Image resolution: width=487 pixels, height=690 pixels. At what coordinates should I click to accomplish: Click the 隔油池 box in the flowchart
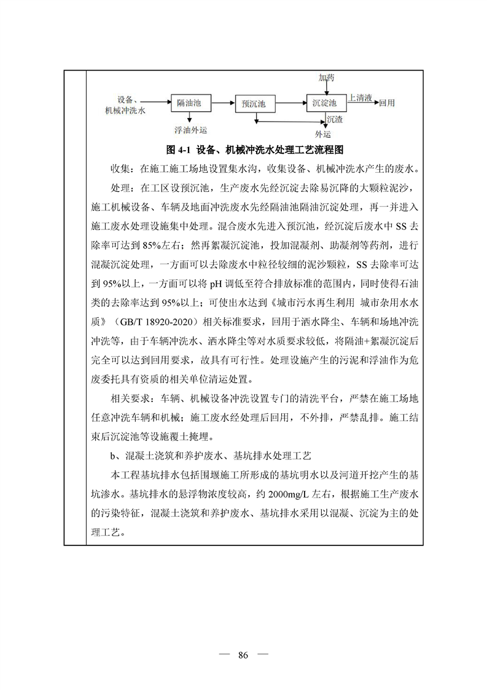(x=189, y=104)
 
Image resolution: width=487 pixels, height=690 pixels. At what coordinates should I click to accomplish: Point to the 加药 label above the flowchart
(x=327, y=78)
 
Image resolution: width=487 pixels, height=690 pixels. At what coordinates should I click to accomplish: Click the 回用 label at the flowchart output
(x=388, y=102)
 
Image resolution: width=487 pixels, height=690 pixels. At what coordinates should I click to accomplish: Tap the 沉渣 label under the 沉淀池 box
(x=335, y=119)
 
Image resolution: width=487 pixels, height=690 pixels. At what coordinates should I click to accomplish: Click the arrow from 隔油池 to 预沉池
(x=219, y=104)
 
